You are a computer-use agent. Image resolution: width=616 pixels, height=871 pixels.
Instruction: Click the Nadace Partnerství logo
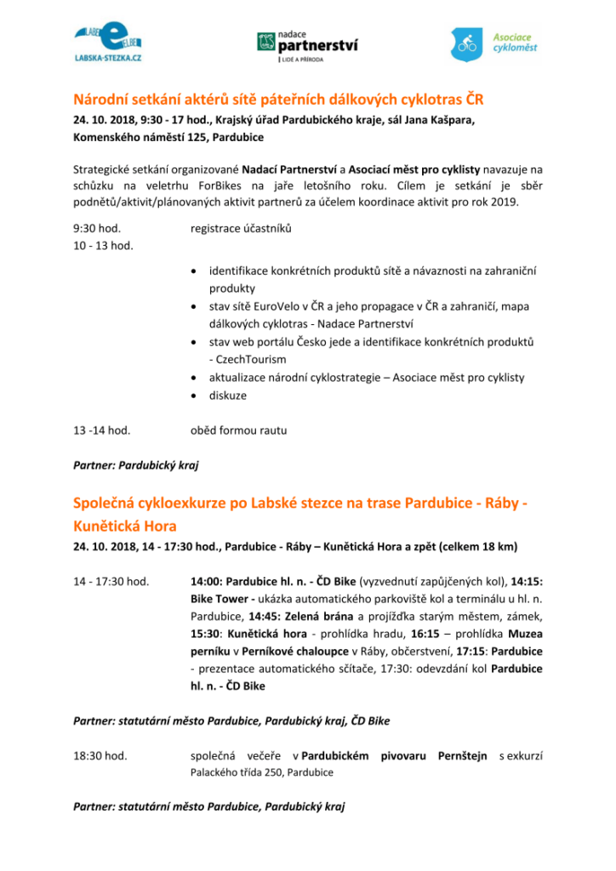pyautogui.click(x=307, y=45)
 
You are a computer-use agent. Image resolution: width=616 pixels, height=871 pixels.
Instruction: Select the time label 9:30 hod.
pyautogui.click(x=97, y=228)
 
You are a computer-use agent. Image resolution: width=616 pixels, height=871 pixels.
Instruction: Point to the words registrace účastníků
pyautogui.click(x=241, y=228)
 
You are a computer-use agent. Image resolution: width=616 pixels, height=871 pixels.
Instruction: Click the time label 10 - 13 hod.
pyautogui.click(x=104, y=246)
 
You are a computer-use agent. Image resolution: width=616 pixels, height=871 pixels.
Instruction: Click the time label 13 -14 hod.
pyautogui.click(x=102, y=430)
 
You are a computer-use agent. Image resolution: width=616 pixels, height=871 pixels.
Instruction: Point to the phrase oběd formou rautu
pyautogui.click(x=240, y=430)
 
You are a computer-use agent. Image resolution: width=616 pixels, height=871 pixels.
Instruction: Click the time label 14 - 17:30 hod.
pyautogui.click(x=111, y=582)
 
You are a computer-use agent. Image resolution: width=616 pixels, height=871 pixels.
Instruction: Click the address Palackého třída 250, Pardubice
pyautogui.click(x=262, y=772)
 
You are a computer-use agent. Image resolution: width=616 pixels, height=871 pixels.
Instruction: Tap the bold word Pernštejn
pyautogui.click(x=464, y=755)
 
